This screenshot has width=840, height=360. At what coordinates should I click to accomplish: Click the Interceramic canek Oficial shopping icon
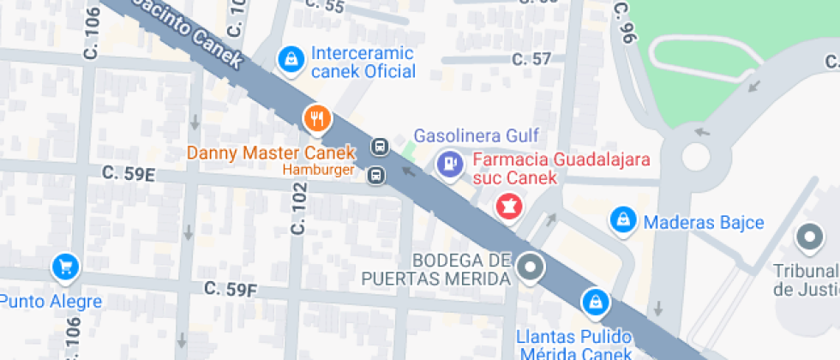tap(291, 59)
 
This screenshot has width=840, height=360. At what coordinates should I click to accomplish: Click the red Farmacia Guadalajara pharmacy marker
tap(509, 207)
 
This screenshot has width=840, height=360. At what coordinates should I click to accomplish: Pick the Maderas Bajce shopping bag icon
tap(622, 220)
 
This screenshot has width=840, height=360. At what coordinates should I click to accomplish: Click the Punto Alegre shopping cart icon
tap(65, 267)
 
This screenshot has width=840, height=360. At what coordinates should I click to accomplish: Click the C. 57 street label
tap(531, 59)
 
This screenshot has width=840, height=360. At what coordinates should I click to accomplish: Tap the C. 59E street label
tap(129, 174)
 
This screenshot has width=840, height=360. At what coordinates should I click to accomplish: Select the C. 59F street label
tap(231, 289)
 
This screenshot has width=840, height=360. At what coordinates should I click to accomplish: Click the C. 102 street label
tap(298, 213)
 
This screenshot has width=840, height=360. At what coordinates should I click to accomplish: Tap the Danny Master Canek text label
tap(271, 154)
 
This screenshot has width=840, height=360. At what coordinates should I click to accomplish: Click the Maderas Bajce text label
tap(703, 223)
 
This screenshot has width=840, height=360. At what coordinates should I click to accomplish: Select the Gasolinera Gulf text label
tap(476, 135)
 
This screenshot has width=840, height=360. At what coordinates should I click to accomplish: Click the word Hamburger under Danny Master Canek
tap(320, 171)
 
